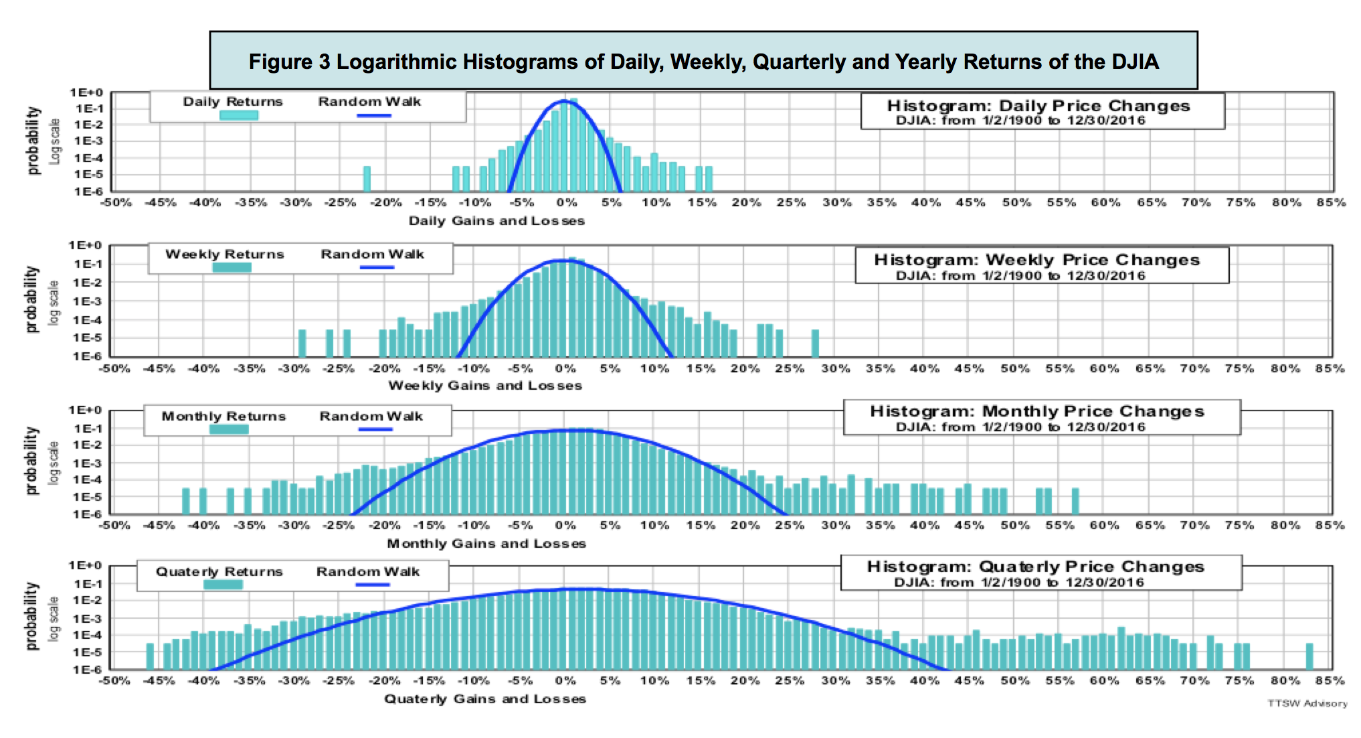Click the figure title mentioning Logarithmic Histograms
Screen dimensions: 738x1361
click(x=703, y=62)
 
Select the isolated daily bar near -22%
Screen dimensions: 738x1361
click(x=367, y=178)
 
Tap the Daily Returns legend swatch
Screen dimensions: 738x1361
click(x=239, y=115)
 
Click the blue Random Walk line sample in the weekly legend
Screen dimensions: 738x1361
click(x=377, y=268)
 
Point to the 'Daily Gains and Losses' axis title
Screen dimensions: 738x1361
click(x=496, y=221)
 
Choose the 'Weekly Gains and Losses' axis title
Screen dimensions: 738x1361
click(x=485, y=386)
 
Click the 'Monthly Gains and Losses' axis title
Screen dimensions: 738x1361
click(x=486, y=544)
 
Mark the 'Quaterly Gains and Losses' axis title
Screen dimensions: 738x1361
click(x=485, y=699)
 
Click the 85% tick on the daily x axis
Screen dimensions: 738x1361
click(x=1331, y=202)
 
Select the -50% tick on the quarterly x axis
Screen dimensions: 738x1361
click(x=114, y=680)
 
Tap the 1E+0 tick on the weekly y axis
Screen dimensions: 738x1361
click(x=85, y=246)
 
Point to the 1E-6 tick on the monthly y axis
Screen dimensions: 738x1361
click(x=88, y=514)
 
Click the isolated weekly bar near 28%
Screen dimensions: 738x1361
click(x=815, y=343)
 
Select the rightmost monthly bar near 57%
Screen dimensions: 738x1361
click(x=1075, y=501)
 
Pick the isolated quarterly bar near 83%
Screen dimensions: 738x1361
click(x=1309, y=656)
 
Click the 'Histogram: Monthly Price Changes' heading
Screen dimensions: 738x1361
click(x=1036, y=411)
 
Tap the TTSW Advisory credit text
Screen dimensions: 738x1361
click(x=1307, y=703)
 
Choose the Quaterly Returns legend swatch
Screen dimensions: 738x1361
click(x=223, y=585)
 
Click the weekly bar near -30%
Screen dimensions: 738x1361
click(x=302, y=343)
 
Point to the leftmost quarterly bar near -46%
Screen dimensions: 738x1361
click(x=150, y=656)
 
